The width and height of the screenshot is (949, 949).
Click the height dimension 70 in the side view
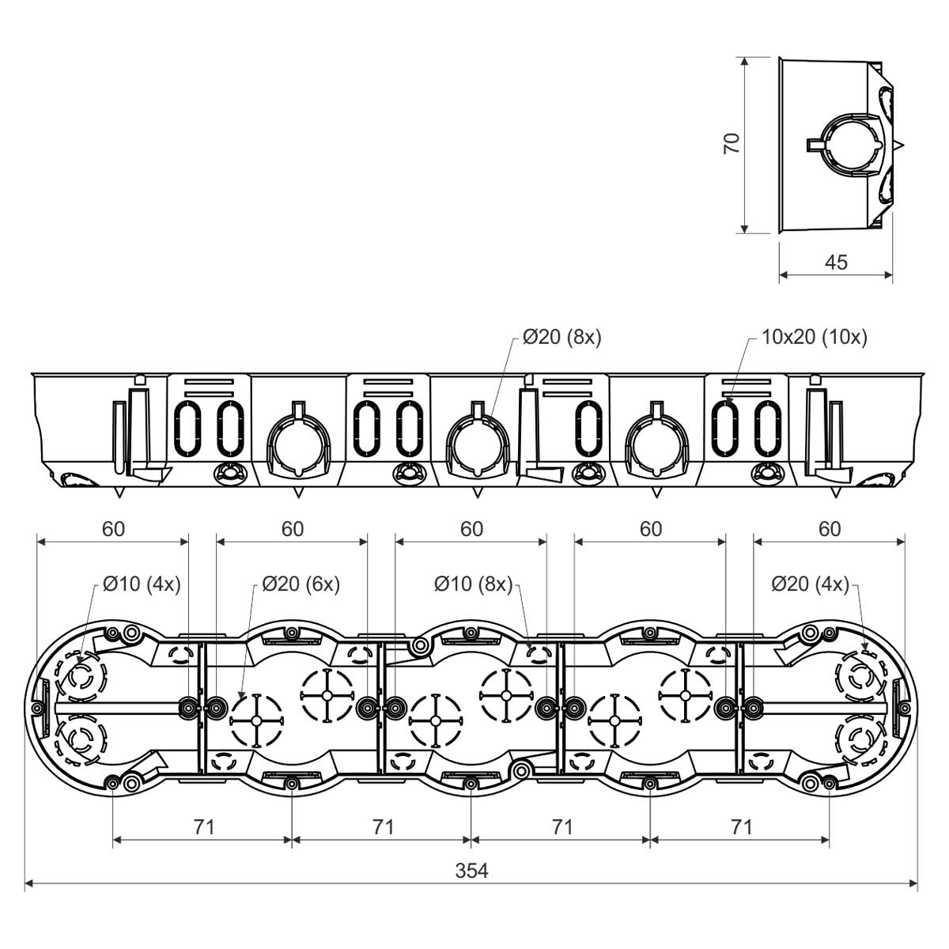pyautogui.click(x=732, y=143)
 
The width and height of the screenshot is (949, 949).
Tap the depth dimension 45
pyautogui.click(x=836, y=263)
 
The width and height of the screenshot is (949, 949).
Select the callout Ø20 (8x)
pyautogui.click(x=562, y=338)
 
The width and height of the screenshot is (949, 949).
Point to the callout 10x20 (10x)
pyautogui.click(x=814, y=338)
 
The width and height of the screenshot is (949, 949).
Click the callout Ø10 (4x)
pyautogui.click(x=142, y=584)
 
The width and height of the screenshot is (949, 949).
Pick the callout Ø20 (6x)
pyautogui.click(x=301, y=584)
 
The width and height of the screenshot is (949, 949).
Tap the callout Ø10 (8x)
pyautogui.click(x=473, y=584)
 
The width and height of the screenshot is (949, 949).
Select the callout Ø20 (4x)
pyautogui.click(x=811, y=584)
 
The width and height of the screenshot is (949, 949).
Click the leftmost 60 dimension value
pyautogui.click(x=113, y=529)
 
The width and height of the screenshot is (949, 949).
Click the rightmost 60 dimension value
pyautogui.click(x=830, y=529)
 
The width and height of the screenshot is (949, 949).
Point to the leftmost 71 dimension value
pyautogui.click(x=203, y=827)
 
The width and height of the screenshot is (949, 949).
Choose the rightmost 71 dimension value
pyautogui.click(x=741, y=827)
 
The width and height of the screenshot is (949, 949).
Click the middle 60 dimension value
pyautogui.click(x=471, y=529)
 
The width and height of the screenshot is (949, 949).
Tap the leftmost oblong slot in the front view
pyautogui.click(x=187, y=428)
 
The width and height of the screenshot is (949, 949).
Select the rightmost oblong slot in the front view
pyautogui.click(x=768, y=428)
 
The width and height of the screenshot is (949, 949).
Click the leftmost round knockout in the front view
pyautogui.click(x=298, y=442)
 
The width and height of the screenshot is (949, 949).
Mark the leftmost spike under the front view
pyautogui.click(x=119, y=493)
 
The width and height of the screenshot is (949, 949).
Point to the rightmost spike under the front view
pyautogui.click(x=836, y=493)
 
